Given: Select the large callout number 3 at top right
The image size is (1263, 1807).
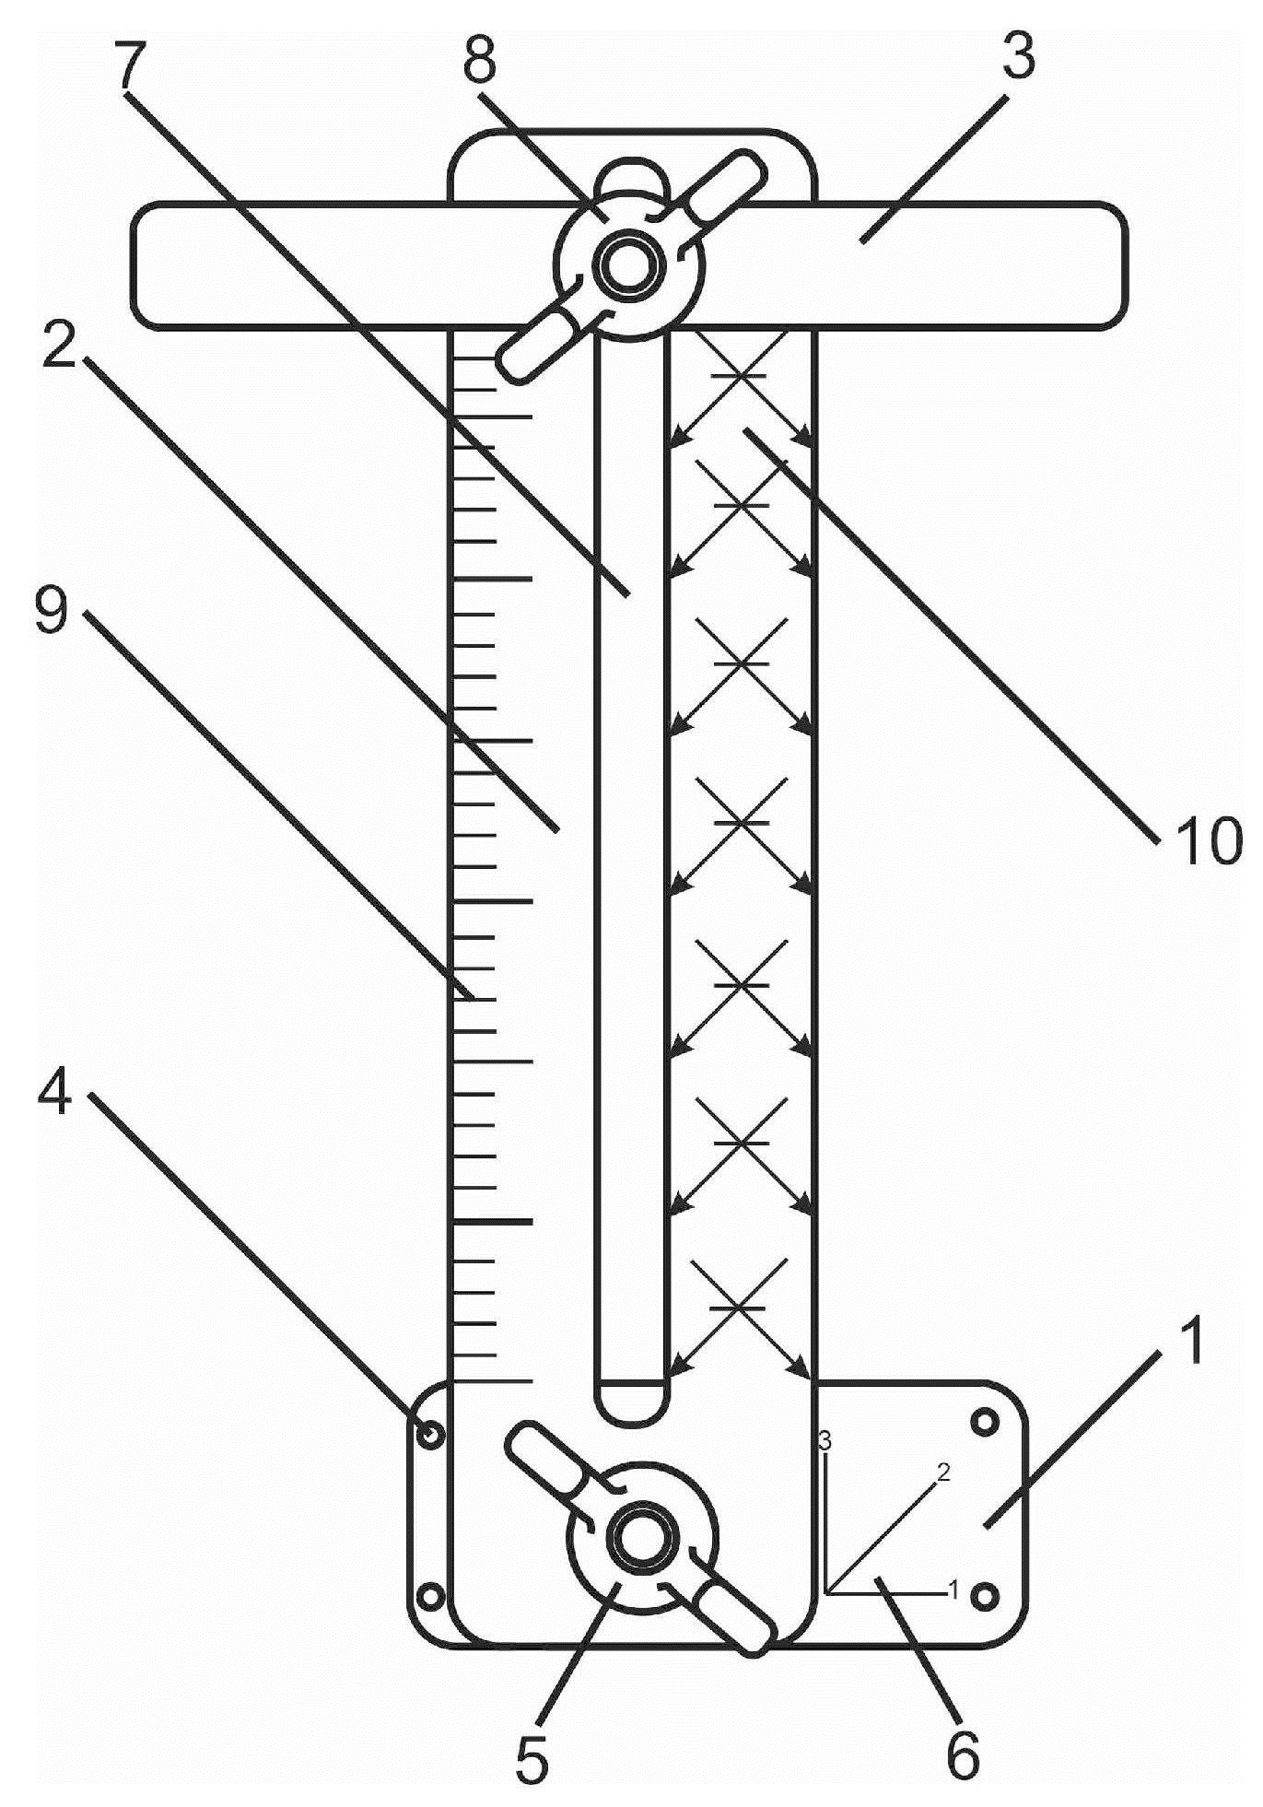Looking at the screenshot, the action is pos(1013,55).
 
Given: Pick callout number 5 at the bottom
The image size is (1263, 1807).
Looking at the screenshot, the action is pos(532,1755).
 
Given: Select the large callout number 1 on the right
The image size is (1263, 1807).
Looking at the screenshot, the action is pos(1191,1341).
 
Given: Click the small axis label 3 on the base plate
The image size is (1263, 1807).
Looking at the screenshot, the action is pos(825,1439).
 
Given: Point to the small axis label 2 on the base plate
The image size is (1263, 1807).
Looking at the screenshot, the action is pos(942,1471).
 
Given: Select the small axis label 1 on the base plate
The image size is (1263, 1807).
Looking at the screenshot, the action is pos(954,1589).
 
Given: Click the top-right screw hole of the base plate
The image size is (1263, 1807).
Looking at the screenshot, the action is pos(986,1422).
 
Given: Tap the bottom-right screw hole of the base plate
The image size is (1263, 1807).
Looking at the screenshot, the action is pos(985,1595).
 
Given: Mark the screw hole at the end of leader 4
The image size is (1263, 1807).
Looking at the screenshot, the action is pos(429,1434).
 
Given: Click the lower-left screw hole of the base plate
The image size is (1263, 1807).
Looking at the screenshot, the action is pos(429,1595).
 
